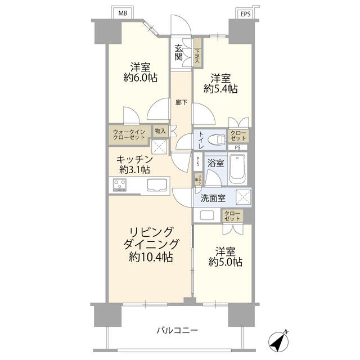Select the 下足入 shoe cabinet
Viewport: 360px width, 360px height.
[x=197, y=53]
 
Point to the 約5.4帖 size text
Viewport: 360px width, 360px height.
[x=220, y=89]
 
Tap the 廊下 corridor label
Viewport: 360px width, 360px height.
[x=181, y=102]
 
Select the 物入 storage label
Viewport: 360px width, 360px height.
[x=160, y=131]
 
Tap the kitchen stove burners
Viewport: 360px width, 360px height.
[x=120, y=184]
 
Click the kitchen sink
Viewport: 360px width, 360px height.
[x=156, y=184]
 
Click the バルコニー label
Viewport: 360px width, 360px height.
[x=177, y=330]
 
